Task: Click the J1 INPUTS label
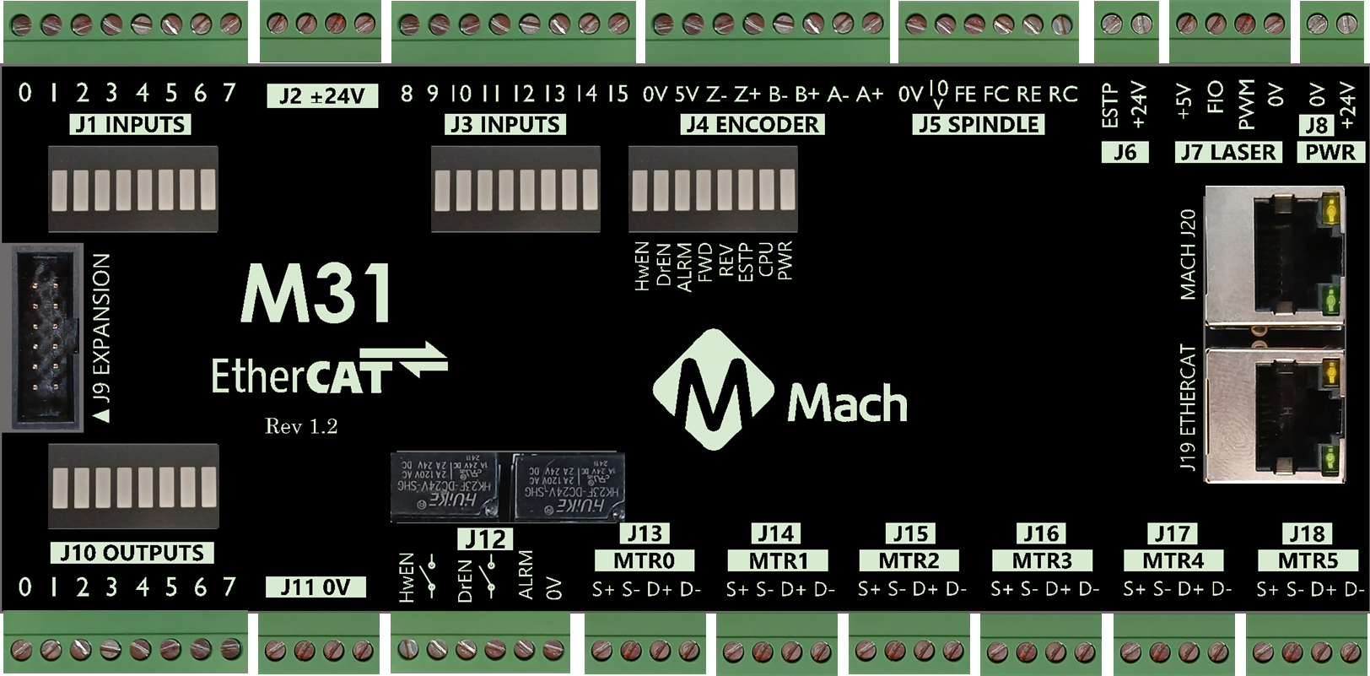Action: (x=131, y=125)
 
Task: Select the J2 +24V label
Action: (x=321, y=95)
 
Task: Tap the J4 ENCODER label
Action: (x=752, y=125)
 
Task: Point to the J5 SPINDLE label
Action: (x=979, y=125)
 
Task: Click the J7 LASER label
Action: (x=1228, y=153)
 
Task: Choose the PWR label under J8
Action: (x=1330, y=153)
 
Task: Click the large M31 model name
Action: (x=317, y=293)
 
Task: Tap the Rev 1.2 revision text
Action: (x=301, y=426)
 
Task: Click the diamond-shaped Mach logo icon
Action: (x=714, y=389)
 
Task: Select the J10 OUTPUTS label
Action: (x=132, y=553)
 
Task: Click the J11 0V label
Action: (x=316, y=587)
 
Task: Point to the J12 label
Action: (x=486, y=538)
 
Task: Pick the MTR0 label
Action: (x=644, y=560)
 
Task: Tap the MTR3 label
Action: (x=1042, y=560)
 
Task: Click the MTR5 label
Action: (x=1308, y=560)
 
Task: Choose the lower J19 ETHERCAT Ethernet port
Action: (x=1276, y=414)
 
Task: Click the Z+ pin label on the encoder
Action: (x=747, y=95)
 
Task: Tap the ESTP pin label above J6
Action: (x=1110, y=105)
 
